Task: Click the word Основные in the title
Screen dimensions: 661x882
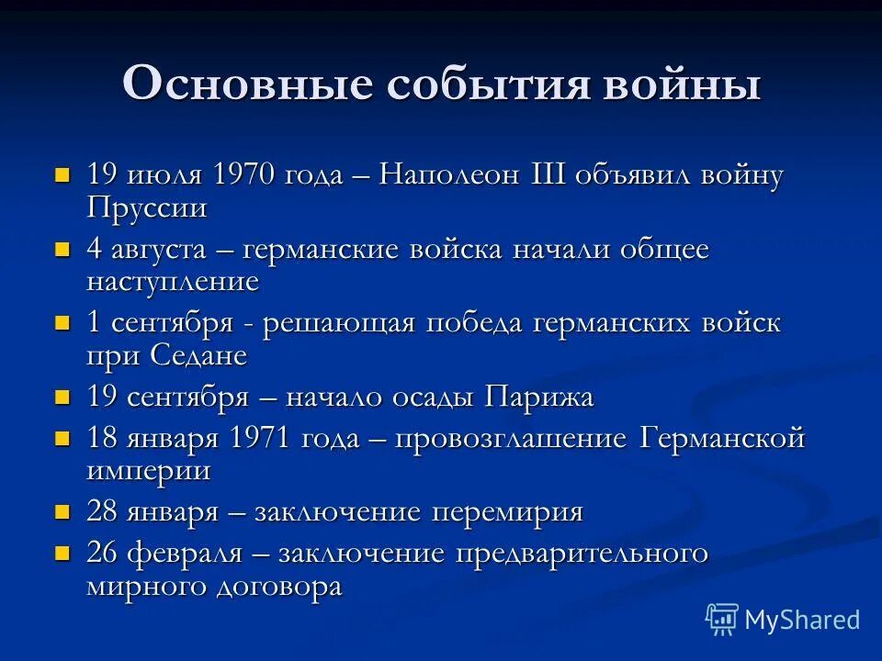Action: (250, 84)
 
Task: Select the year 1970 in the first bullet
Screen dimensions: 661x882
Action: (247, 174)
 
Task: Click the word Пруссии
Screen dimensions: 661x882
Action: (147, 207)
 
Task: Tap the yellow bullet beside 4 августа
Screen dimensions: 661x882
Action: (62, 249)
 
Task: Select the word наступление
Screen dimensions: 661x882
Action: (173, 281)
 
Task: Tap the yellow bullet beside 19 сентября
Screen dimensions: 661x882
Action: (62, 398)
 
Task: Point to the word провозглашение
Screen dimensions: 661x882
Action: (511, 438)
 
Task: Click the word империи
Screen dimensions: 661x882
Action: (149, 470)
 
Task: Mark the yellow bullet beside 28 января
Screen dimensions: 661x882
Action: (62, 511)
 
